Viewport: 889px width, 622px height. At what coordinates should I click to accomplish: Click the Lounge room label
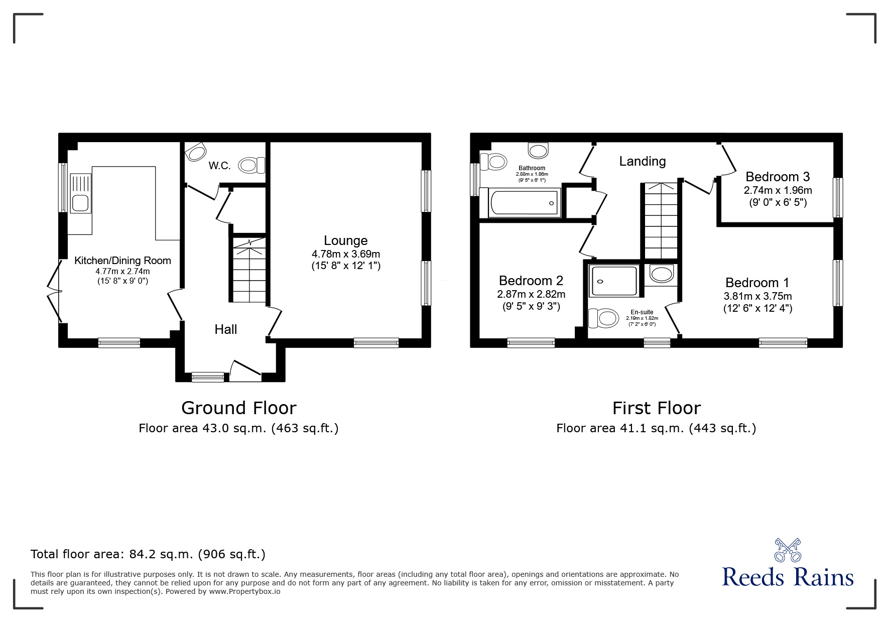345,240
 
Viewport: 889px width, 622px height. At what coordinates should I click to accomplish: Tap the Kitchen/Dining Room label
122,261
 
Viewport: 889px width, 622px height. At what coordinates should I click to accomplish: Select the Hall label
225,329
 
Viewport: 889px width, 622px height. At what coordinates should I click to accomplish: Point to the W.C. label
219,166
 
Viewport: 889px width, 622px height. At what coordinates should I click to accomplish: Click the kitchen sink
81,193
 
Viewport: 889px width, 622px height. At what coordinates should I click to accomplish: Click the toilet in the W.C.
251,165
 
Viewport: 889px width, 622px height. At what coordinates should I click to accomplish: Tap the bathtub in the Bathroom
520,203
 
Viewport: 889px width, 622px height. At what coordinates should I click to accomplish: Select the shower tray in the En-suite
615,281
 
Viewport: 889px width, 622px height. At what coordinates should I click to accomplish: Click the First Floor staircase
660,221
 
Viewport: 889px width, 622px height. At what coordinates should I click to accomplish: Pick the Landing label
642,161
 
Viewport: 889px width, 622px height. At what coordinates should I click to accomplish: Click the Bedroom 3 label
778,177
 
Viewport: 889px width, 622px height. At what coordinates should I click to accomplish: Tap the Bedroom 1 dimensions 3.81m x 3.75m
757,296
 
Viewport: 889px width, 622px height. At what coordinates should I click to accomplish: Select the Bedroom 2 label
531,280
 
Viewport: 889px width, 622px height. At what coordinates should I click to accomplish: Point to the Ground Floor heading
239,408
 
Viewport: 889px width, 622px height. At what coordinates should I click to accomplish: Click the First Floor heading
657,408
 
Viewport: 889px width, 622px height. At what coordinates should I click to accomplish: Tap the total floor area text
148,554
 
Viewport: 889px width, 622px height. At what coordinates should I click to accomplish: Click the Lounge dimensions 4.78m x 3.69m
345,254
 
